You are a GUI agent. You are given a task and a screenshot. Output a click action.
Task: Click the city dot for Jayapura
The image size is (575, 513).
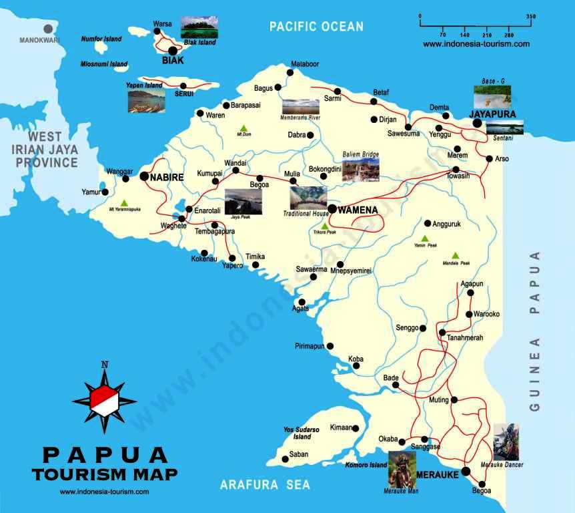coord(477,124)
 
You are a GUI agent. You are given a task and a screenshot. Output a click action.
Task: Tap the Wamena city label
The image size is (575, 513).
coord(358,210)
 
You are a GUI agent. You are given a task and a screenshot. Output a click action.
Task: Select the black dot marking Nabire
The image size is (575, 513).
coord(144,176)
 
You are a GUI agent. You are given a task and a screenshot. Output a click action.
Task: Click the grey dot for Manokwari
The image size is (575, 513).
coord(48,29)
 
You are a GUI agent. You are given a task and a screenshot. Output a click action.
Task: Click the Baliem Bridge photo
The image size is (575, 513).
coord(360,169)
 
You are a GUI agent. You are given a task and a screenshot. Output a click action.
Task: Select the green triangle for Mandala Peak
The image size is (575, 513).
coord(456,255)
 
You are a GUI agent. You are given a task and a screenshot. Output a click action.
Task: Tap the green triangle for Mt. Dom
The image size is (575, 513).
coord(243,128)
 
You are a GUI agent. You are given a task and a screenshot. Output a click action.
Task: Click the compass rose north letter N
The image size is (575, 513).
coord(104,365)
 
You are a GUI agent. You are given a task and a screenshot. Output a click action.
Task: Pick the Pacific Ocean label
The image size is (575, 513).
coord(316,27)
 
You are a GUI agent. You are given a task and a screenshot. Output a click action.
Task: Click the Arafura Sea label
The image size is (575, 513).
coord(265,486)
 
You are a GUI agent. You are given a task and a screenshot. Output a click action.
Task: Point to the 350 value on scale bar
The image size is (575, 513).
coord(531,16)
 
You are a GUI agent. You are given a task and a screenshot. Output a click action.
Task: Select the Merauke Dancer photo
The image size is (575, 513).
coord(506,442)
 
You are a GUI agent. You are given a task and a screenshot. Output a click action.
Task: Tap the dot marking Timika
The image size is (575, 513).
coord(255,265)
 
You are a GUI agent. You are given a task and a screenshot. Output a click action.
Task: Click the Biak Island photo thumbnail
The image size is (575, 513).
coord(199,27)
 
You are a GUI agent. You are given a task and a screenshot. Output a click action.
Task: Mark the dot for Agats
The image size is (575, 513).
coord(302,302)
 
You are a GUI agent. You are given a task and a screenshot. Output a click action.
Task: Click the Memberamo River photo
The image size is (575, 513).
coord(300,107)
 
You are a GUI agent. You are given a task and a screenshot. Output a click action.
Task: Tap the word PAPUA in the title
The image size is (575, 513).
coord(105,455)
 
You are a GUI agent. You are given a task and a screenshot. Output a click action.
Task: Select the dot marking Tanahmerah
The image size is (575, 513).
coord(442,332)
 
